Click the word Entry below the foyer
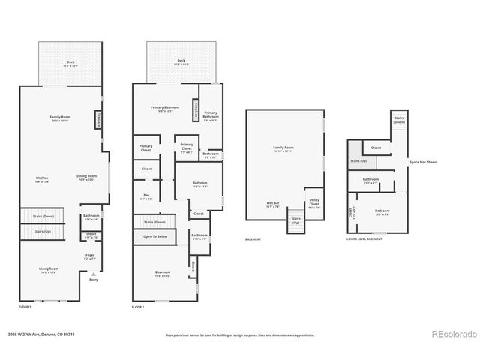tap(94, 280)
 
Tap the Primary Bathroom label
tap(211, 115)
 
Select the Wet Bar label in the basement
tap(273, 204)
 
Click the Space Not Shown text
tap(423, 162)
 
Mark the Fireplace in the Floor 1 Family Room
tap(97, 120)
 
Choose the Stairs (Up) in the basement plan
tap(295, 221)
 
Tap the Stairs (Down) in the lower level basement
tap(399, 120)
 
